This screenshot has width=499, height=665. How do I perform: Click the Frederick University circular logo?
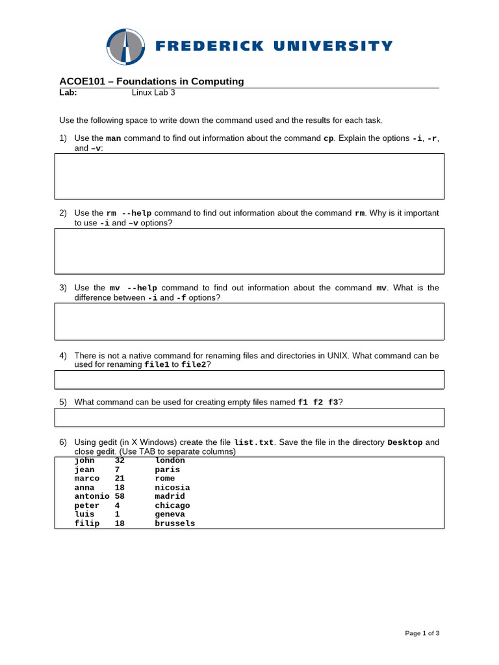pos(125,47)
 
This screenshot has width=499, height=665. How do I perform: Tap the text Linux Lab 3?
pos(153,93)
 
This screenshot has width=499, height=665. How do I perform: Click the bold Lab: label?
pos(68,93)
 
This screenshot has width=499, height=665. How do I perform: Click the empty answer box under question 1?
pos(249,176)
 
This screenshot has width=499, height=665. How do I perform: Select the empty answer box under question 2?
pos(249,251)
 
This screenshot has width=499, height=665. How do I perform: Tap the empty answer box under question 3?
pos(249,321)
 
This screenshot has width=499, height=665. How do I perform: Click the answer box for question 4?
pos(249,379)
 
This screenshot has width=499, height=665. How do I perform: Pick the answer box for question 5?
pos(249,417)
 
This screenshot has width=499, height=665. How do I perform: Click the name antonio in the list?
pos(92,496)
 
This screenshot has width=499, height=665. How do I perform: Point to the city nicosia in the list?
pos(172,487)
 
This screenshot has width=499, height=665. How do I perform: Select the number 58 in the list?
pos(120,496)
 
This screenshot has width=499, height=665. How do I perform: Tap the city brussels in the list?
pos(175,523)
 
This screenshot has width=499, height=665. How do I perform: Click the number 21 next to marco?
pos(120,479)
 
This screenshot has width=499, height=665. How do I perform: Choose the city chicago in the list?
pos(172,505)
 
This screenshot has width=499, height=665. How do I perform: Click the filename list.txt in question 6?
pos(253,442)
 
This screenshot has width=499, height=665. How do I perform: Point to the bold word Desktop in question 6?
pos(405,442)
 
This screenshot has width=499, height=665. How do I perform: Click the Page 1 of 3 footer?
pos(422,633)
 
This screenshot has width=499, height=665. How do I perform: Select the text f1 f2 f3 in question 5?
pos(318,402)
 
